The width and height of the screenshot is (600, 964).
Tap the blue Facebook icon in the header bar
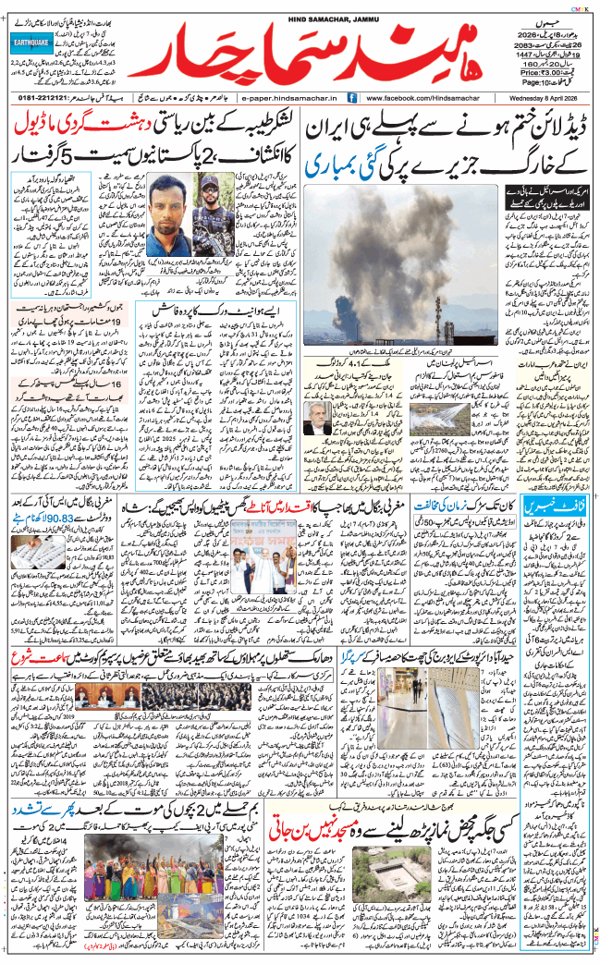[x=352, y=97]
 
